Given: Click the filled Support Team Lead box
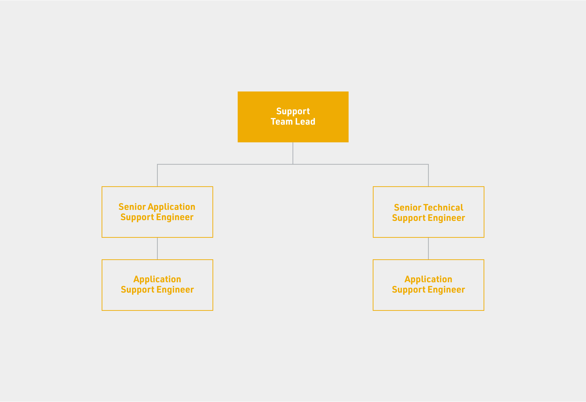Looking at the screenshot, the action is click(x=293, y=117).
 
